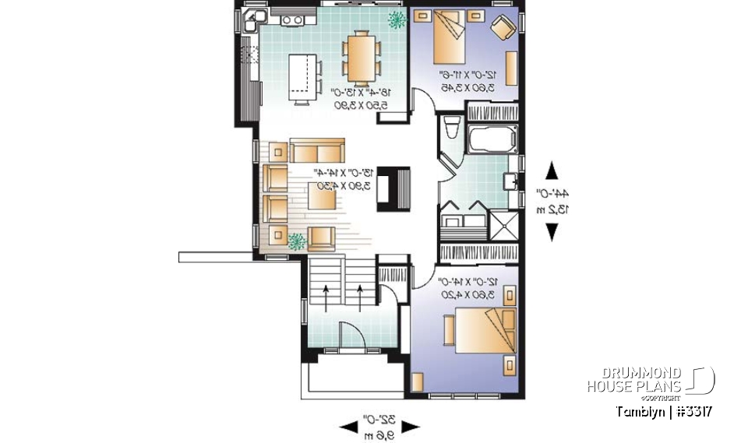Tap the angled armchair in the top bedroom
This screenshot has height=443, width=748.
coord(503,29)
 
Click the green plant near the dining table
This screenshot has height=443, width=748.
coord(397,19)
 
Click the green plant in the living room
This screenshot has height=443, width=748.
coord(296,241)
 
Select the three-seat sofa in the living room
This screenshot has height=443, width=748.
coord(316,150)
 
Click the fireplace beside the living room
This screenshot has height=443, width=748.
coord(394,188)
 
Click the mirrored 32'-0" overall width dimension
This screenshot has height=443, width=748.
coord(379,425)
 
